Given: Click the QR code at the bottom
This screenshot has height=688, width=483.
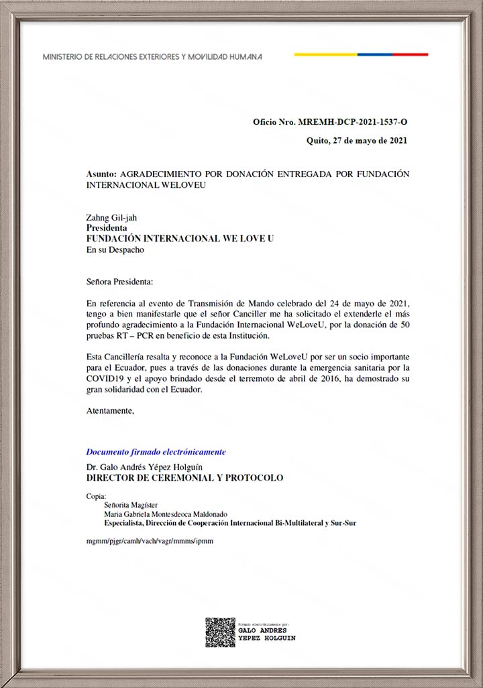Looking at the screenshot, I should pos(220,632).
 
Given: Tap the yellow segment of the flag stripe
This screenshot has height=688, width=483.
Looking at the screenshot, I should pos(325,54).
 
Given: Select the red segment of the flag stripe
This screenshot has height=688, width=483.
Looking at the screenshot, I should pos(411,54).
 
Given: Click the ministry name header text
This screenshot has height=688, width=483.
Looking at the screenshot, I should pos(152,57).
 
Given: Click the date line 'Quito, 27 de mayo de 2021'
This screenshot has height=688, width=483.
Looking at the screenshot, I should pos(356,141).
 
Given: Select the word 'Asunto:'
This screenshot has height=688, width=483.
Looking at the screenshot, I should pos(101,174).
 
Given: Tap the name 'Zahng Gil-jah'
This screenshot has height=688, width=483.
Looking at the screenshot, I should pos(111,217).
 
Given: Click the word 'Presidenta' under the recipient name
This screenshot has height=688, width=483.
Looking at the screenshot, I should pos(107,227).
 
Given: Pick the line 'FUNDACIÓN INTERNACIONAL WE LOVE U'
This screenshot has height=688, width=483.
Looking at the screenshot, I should pos(180,238).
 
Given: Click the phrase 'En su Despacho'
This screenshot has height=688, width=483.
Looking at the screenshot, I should pos(115,249).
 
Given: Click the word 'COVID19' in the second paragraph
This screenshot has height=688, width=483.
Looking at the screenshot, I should pos(103,379).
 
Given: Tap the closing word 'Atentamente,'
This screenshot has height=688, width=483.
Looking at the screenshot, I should pos(110,411).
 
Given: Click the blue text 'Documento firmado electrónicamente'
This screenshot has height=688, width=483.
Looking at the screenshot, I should pos(156,452).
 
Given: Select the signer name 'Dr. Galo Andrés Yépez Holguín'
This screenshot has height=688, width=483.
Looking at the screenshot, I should pos(144,467).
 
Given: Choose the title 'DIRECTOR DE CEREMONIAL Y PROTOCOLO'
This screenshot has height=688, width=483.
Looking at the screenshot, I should pos(184,478).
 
